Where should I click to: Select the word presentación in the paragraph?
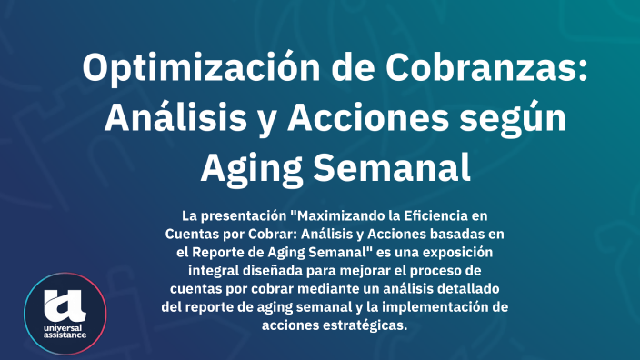pos(242,215)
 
